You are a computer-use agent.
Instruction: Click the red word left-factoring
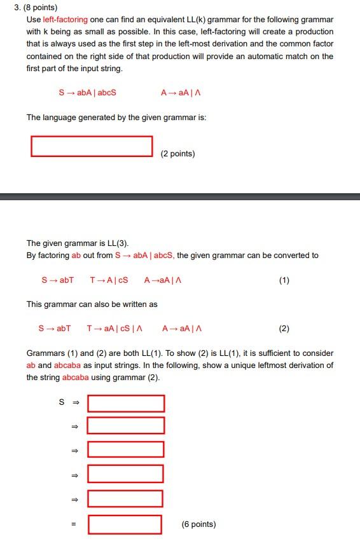[x=66, y=20]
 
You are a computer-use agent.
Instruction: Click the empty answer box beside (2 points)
[x=92, y=146]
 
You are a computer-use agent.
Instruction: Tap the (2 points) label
[x=177, y=154]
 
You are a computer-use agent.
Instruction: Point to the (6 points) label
[x=198, y=524]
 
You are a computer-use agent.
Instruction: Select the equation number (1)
[x=284, y=280]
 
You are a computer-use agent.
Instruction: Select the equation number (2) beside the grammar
[x=284, y=329]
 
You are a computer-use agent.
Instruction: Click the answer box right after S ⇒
[x=125, y=403]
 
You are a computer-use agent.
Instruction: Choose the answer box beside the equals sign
[x=125, y=524]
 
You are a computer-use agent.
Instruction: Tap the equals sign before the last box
[x=73, y=524]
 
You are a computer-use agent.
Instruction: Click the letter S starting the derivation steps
[x=62, y=402]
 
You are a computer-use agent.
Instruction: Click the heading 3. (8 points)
[x=36, y=8]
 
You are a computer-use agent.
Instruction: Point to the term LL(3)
[x=116, y=243]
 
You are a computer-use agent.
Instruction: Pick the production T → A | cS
[x=109, y=280]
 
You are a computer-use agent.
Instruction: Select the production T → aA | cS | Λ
[x=114, y=329]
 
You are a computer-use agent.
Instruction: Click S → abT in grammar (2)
[x=55, y=329]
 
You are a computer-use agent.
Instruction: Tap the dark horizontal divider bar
[x=180, y=196]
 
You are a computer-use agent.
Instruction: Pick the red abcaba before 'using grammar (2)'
[x=76, y=377]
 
